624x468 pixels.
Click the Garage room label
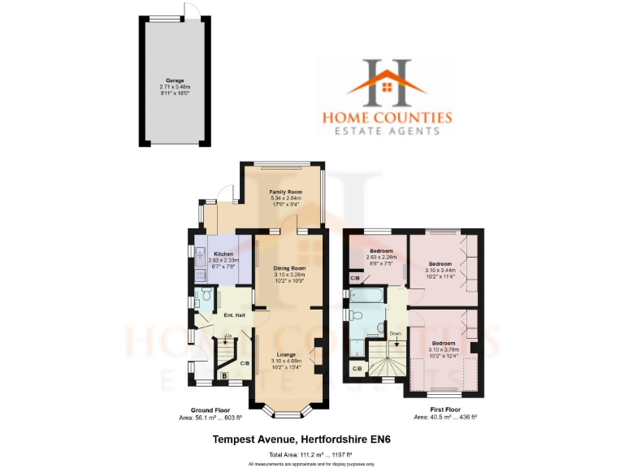coord(175,80)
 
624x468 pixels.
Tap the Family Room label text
coord(285,192)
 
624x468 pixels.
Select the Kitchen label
coord(224,253)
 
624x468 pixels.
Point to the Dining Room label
coord(289,267)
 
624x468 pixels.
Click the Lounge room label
coord(285,354)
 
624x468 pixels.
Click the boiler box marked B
coord(225,375)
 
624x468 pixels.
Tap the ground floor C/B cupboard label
coord(245,362)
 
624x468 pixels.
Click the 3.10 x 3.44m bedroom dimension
coord(440,271)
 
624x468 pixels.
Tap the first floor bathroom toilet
coord(380,328)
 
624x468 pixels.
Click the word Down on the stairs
coord(396,333)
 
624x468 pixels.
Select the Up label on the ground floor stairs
coord(228,336)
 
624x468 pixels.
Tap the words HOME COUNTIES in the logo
coord(387,117)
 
